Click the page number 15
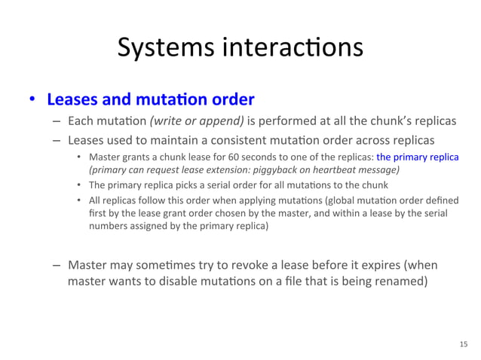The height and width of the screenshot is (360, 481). [463, 343]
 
